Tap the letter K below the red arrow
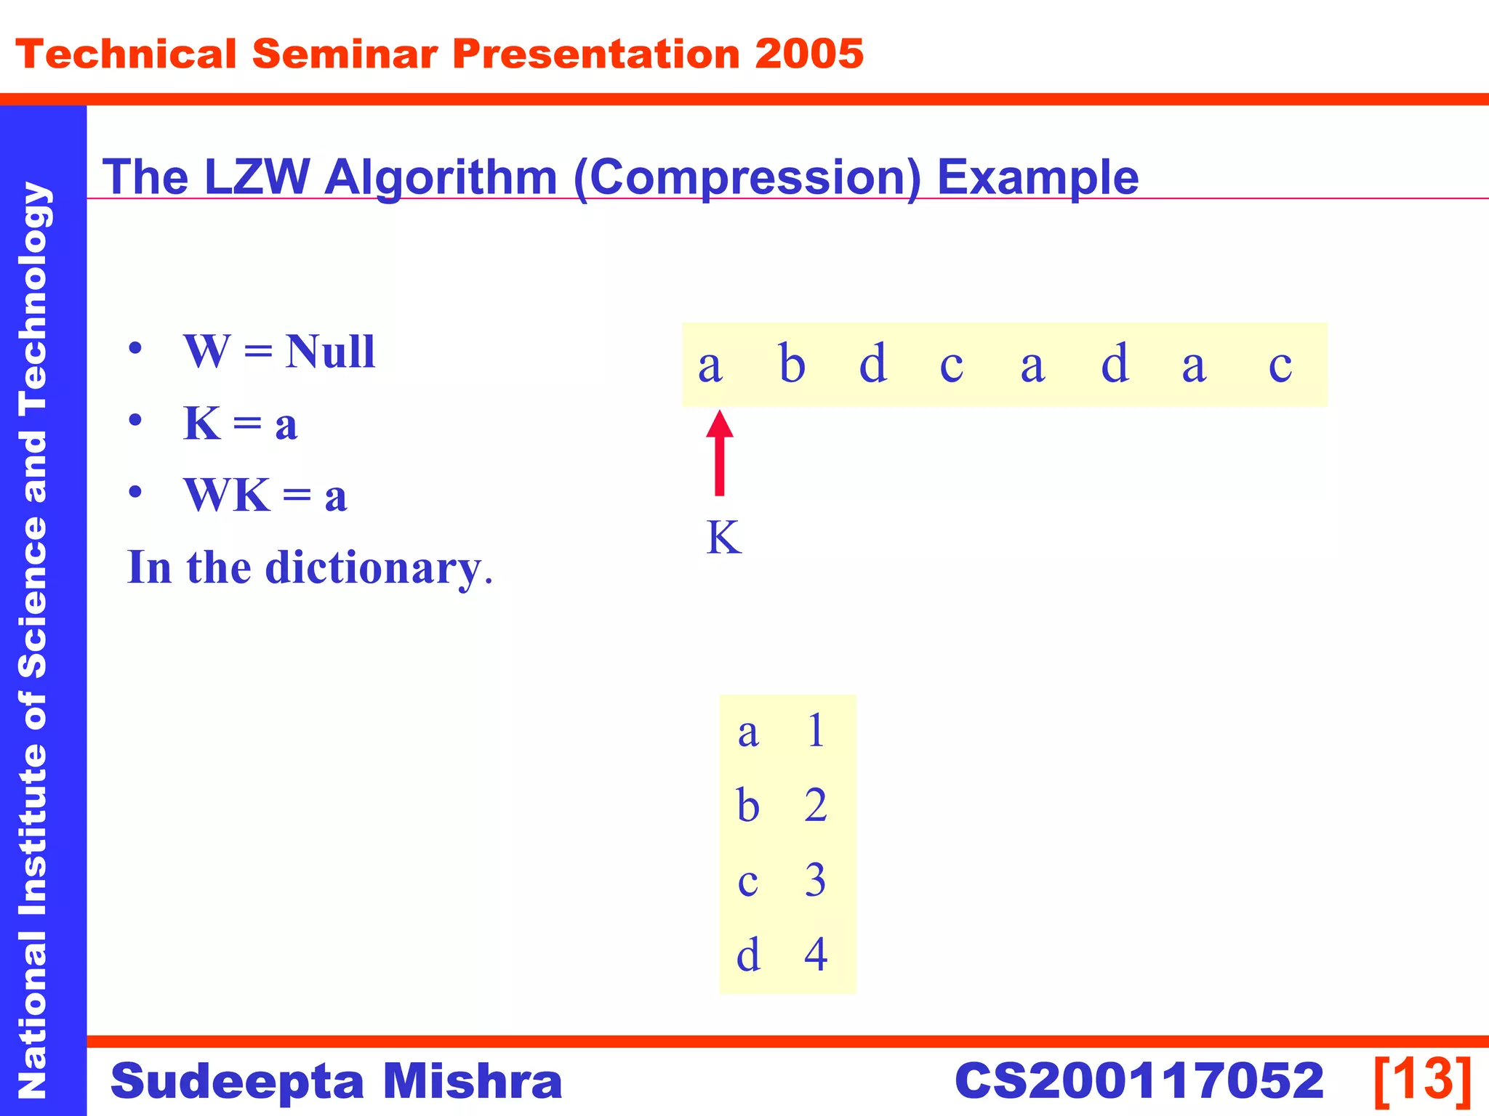pyautogui.click(x=723, y=538)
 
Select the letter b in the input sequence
pyautogui.click(x=792, y=363)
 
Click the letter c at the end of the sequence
pyautogui.click(x=1280, y=365)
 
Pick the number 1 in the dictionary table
pyautogui.click(x=816, y=730)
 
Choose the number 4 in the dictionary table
pyautogui.click(x=816, y=954)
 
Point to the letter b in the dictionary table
pyautogui.click(x=747, y=806)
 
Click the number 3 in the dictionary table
pyautogui.click(x=816, y=880)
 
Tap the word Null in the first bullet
pyautogui.click(x=330, y=352)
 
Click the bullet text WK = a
pyautogui.click(x=265, y=496)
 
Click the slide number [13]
pyautogui.click(x=1422, y=1080)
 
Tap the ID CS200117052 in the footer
pyautogui.click(x=1139, y=1081)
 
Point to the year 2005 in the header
pyautogui.click(x=808, y=54)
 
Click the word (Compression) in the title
pyautogui.click(x=747, y=178)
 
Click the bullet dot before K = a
pyautogui.click(x=135, y=421)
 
